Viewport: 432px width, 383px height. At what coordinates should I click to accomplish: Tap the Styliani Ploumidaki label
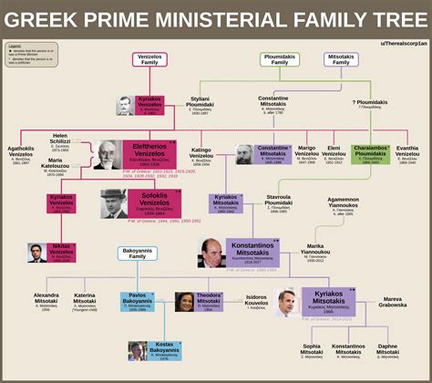(x=200, y=108)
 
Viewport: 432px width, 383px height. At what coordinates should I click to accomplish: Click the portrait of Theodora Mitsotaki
(x=183, y=302)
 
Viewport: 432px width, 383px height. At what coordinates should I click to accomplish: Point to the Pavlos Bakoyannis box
(x=138, y=302)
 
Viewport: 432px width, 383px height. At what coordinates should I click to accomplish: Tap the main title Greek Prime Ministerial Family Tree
(x=216, y=20)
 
